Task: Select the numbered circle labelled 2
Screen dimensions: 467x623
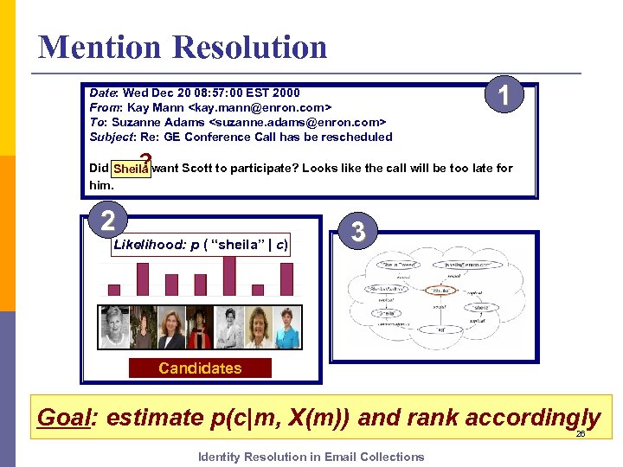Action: click(107, 221)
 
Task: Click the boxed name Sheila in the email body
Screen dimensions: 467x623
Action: click(131, 169)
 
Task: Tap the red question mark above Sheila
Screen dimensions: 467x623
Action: click(145, 159)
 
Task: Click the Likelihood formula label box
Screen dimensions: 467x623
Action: click(202, 245)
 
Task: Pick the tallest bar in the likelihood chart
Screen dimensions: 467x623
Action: click(229, 276)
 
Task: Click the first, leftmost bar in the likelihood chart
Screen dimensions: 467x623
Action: click(114, 290)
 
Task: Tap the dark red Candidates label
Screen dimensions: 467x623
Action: click(200, 368)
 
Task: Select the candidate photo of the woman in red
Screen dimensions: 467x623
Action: click(200, 328)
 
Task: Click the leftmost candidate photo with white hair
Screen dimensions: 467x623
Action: click(114, 328)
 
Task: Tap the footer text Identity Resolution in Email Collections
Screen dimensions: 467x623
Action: click(311, 457)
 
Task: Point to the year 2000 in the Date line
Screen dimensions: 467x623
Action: click(286, 93)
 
